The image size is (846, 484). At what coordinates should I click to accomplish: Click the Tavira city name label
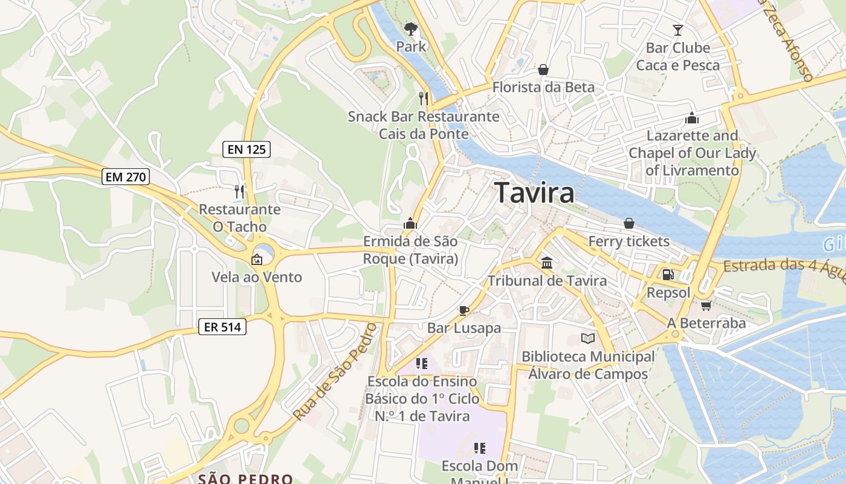535,193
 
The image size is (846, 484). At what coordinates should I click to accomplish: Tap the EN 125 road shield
247,149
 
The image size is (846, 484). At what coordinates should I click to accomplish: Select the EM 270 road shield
126,177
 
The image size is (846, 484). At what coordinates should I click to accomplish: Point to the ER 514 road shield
223,327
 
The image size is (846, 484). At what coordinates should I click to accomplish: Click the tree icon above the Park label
411,28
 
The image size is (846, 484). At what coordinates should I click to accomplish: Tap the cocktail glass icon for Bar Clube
678,30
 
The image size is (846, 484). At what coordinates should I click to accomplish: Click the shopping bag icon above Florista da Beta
543,70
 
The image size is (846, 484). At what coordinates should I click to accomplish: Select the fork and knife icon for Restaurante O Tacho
240,192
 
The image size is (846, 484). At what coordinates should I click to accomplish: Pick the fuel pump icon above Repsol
668,274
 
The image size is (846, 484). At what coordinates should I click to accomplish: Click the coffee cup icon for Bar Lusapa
463,310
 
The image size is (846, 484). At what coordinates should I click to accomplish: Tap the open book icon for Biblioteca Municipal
587,338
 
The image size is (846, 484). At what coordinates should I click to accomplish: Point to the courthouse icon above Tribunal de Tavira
547,263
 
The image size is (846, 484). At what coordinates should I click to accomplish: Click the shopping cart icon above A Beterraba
706,306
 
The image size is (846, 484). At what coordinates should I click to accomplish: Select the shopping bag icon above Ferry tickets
629,223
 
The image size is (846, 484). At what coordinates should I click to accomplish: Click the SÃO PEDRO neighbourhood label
246,479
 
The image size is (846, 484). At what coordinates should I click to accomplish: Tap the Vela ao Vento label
256,277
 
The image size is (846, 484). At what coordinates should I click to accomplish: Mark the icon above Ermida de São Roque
410,223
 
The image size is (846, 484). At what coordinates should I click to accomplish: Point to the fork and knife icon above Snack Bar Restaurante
424,98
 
